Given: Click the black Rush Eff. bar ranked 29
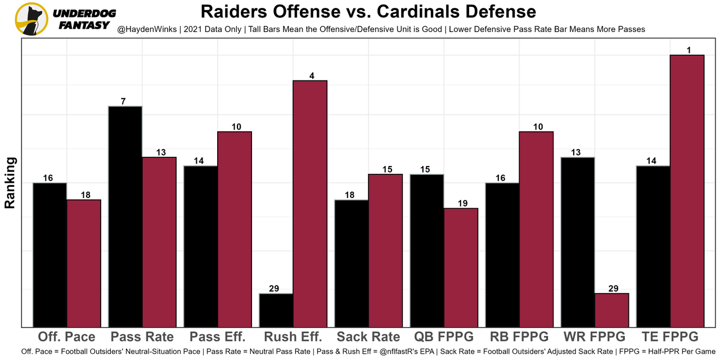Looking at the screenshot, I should point(276,310).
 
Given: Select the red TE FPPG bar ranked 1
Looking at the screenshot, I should point(687,191).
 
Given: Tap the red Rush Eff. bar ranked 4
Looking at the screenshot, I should point(310,204).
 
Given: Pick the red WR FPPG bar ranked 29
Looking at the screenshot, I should point(612,310).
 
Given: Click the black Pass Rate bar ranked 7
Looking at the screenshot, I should point(125,217).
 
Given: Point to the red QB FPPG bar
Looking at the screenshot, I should point(461,268).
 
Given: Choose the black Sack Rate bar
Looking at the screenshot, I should point(352,263).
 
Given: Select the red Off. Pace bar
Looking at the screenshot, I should point(84,263).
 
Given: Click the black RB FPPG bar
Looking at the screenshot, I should point(502,255).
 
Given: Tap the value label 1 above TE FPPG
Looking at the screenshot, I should point(688,50).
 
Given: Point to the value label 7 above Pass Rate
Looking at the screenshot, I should point(123,101).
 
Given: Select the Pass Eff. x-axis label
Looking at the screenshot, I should point(217,337).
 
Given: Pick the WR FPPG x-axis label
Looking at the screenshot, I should point(595,337).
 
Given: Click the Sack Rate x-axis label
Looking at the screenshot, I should point(368,337).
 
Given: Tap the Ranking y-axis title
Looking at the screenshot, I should point(10,183).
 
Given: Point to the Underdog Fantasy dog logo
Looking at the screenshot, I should point(31,19).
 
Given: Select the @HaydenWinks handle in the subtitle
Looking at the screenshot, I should point(147,29).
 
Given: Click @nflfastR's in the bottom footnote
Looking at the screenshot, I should point(400,352).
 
